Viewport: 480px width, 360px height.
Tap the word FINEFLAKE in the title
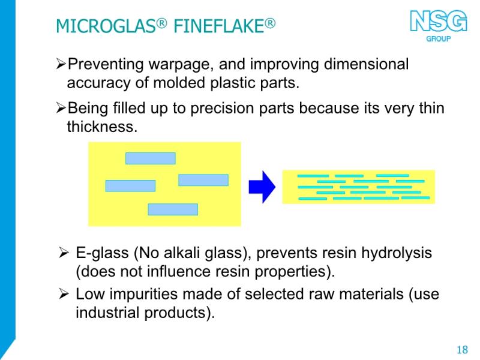[x=219, y=26]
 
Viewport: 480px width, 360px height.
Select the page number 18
[x=462, y=350]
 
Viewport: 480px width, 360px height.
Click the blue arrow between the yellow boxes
[x=262, y=187]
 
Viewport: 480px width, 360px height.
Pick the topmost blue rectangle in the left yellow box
[x=151, y=158]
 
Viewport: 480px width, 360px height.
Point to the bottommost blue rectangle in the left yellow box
[x=173, y=209]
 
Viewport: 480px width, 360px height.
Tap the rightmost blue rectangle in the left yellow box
[x=203, y=180]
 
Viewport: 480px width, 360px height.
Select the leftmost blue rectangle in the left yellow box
[x=130, y=186]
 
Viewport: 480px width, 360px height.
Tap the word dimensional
[x=366, y=64]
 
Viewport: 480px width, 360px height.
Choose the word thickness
[x=102, y=127]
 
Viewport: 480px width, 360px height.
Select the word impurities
[x=143, y=295]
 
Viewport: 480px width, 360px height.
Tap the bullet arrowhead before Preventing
[x=61, y=64]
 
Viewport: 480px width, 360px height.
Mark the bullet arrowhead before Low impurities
[x=64, y=294]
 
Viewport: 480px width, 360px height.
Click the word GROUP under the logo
[x=439, y=39]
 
